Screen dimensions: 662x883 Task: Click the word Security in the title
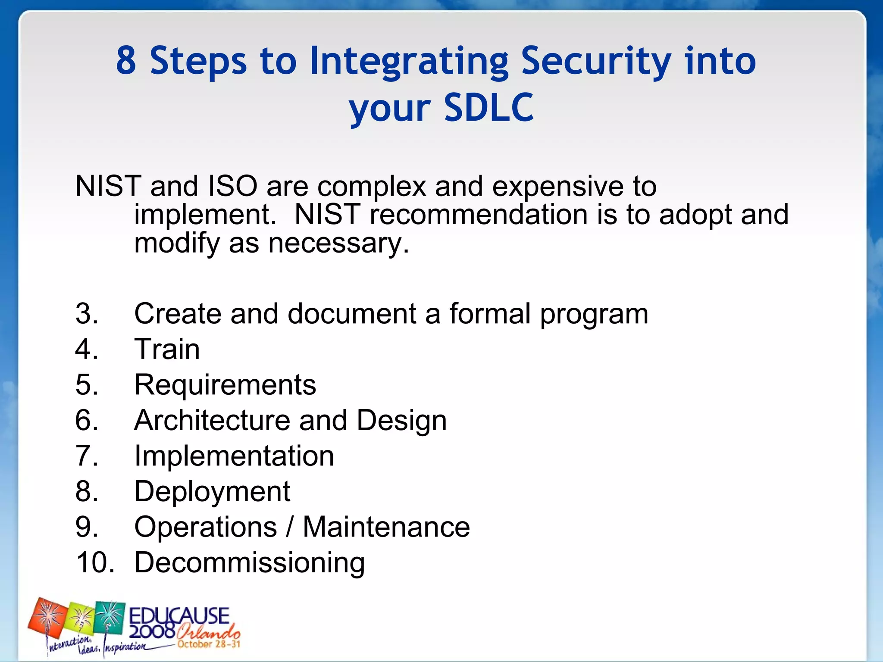(x=595, y=61)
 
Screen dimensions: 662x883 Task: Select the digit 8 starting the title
(x=126, y=61)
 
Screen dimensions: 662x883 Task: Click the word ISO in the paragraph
(x=232, y=187)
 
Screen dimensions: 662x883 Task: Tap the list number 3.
(x=86, y=314)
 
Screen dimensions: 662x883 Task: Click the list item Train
(x=167, y=349)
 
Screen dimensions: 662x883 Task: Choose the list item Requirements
(x=225, y=385)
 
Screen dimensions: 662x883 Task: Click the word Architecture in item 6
(x=212, y=420)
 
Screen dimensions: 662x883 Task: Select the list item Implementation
(x=234, y=456)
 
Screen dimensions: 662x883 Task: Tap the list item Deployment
(x=212, y=492)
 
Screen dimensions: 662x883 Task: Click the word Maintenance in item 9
(x=386, y=527)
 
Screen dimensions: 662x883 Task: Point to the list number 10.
(x=95, y=562)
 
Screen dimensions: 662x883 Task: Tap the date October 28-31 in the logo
(x=208, y=645)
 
